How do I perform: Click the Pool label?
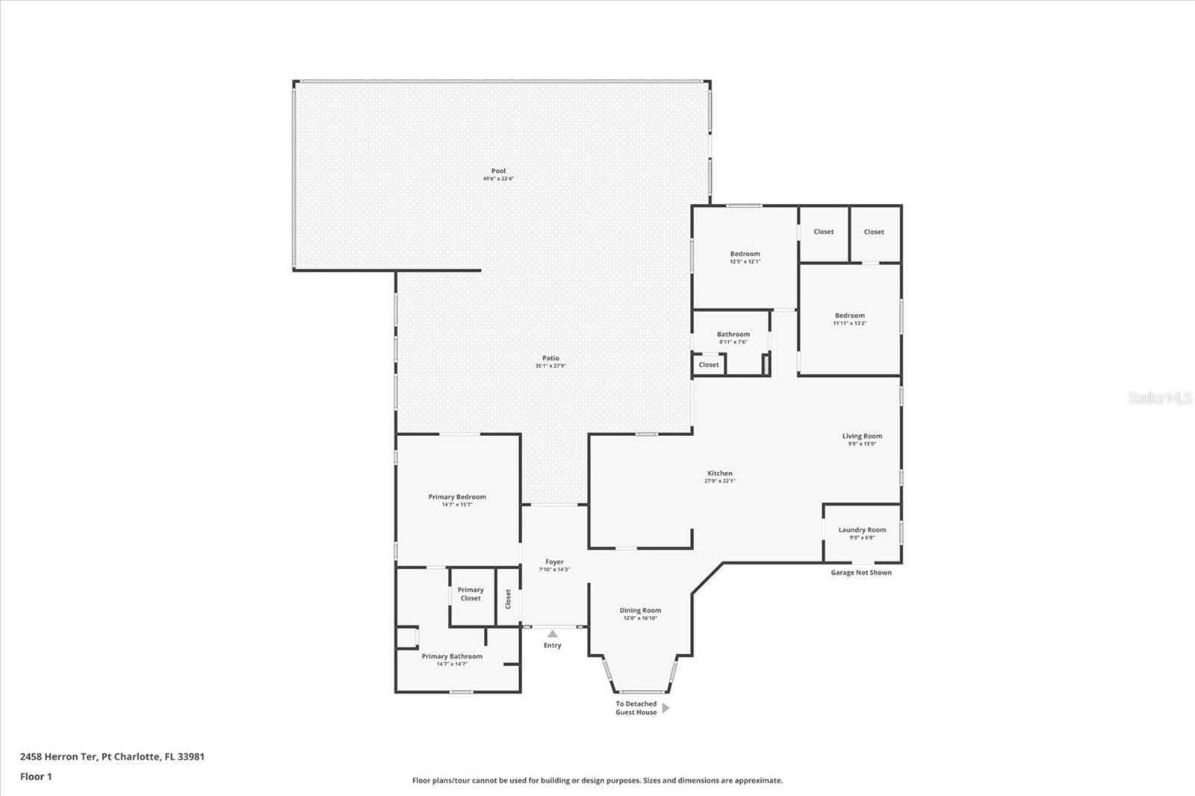tap(498, 171)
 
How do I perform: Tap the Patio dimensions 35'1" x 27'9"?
tap(550, 366)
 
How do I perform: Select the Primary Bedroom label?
tap(457, 497)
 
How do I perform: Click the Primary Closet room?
tap(471, 594)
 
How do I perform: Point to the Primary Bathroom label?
tap(452, 656)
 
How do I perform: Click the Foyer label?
tap(554, 562)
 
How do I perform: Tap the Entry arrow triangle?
tap(552, 634)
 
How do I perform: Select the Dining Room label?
tap(640, 610)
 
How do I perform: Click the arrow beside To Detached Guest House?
tap(665, 708)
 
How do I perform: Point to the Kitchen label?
tap(720, 473)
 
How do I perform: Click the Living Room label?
tap(862, 436)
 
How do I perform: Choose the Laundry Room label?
tap(862, 530)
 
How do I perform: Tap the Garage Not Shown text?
tap(861, 573)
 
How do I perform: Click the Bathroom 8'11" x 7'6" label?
tap(733, 335)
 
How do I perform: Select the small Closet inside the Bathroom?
tap(709, 364)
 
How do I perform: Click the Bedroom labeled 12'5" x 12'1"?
tap(745, 254)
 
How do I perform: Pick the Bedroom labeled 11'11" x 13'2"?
tap(850, 316)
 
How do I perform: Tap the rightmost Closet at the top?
tap(874, 231)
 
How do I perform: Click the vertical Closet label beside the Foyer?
tap(508, 599)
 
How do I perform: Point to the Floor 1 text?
tap(36, 777)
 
